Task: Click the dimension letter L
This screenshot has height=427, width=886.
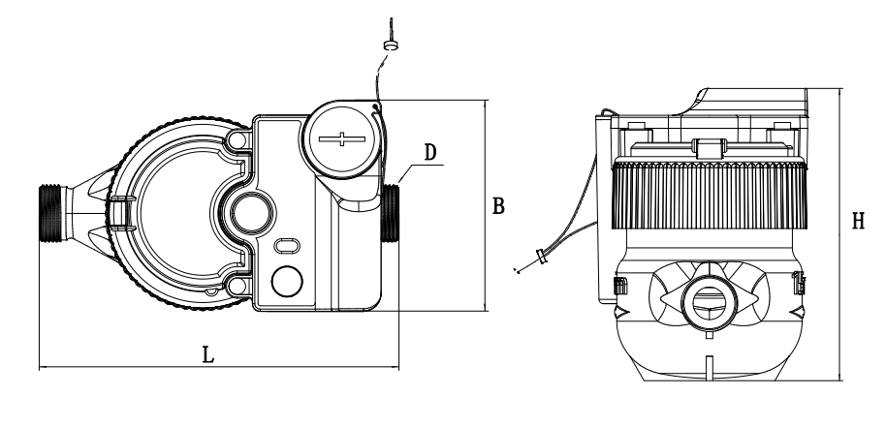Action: [x=208, y=353]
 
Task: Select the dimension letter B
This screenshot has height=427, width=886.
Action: [x=497, y=206]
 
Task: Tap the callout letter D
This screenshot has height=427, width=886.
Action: [x=430, y=152]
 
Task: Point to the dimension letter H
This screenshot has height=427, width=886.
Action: [x=858, y=222]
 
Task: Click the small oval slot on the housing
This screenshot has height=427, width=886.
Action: [x=287, y=246]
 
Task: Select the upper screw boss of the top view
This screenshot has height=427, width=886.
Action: [x=236, y=141]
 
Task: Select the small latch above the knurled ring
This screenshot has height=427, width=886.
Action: [x=710, y=149]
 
